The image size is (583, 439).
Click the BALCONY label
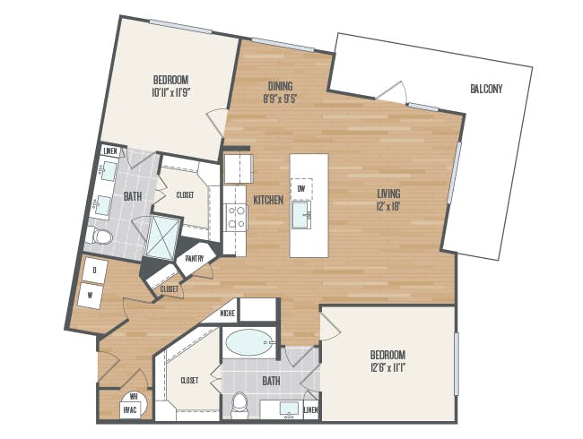click(x=486, y=89)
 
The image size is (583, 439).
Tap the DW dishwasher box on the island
click(x=301, y=189)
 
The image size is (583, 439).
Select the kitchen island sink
click(x=300, y=215)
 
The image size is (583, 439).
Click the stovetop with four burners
click(x=236, y=217)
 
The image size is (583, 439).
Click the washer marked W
click(x=91, y=296)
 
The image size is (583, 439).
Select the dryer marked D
click(x=95, y=271)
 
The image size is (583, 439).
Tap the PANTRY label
click(x=195, y=259)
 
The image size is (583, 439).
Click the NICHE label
click(x=228, y=314)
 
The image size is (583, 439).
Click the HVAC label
click(x=130, y=410)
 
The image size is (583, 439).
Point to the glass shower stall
click(x=163, y=237)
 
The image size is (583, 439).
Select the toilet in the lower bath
click(x=239, y=406)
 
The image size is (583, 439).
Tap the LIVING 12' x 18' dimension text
click(x=388, y=200)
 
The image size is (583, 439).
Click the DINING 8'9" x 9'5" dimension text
click(x=280, y=92)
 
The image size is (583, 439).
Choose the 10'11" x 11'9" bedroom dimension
click(x=171, y=92)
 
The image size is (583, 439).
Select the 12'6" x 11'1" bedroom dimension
click(x=387, y=368)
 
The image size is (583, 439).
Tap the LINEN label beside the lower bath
click(x=311, y=410)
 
